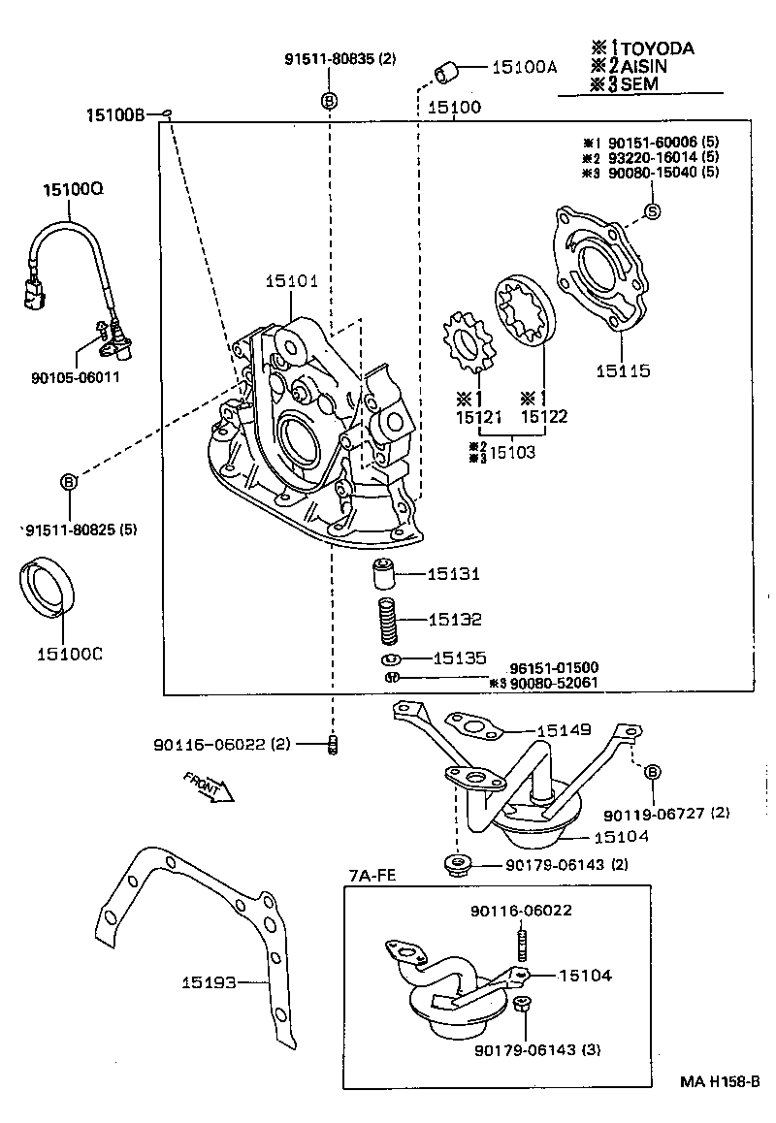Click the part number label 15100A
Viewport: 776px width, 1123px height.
click(525, 67)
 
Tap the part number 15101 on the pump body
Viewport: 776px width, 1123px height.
click(291, 281)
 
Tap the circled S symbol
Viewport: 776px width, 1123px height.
click(652, 211)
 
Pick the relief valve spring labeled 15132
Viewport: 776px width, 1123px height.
click(387, 620)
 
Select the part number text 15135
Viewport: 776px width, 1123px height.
click(460, 658)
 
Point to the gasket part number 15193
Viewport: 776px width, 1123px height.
click(209, 982)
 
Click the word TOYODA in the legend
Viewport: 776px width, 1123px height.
click(657, 48)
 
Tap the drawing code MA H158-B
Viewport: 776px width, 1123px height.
click(719, 1082)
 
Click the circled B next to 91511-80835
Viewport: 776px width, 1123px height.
click(329, 100)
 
